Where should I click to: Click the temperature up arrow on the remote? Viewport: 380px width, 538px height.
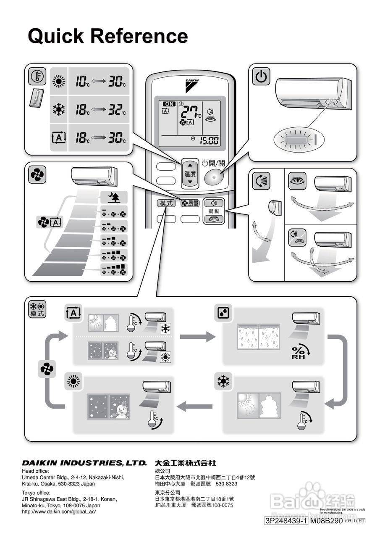click(x=190, y=165)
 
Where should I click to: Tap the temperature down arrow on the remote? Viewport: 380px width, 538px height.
click(x=190, y=182)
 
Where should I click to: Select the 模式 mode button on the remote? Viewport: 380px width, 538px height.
click(x=166, y=203)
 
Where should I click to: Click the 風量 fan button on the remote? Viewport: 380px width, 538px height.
click(x=190, y=203)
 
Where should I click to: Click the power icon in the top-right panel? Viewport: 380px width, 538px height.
click(x=261, y=76)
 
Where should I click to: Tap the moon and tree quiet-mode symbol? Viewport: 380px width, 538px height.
click(x=113, y=196)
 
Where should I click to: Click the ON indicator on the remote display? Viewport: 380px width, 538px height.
click(x=170, y=103)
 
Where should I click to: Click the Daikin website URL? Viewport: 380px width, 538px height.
click(x=59, y=512)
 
